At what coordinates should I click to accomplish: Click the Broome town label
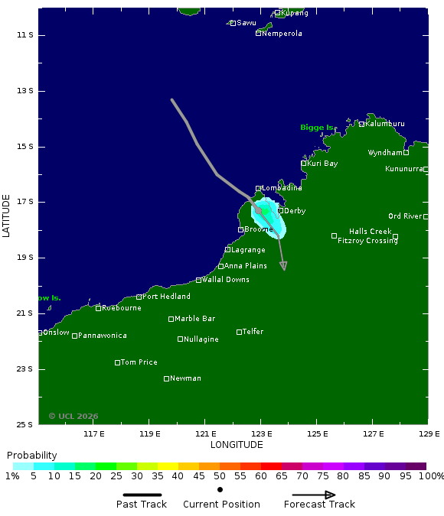point(258,229)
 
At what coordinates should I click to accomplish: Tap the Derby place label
point(295,211)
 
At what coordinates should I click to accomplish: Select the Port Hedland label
point(166,297)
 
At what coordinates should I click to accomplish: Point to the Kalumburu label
point(385,124)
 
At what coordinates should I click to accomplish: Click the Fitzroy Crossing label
point(367,240)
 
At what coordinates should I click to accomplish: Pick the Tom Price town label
point(139,362)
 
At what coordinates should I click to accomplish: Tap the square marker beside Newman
point(166,378)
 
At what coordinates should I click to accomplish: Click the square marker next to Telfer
point(239,332)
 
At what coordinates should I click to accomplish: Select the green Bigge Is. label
point(317,128)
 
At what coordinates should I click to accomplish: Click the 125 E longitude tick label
point(317,434)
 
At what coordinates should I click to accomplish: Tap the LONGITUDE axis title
point(237,445)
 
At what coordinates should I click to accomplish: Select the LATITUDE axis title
point(6,216)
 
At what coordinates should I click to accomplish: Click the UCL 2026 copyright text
point(73,416)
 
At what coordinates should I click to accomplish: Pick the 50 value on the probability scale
point(220,476)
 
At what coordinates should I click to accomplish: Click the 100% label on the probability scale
point(431,476)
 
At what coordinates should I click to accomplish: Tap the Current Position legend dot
point(220,489)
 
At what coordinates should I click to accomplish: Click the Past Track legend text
point(142,505)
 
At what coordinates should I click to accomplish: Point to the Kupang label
point(295,13)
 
